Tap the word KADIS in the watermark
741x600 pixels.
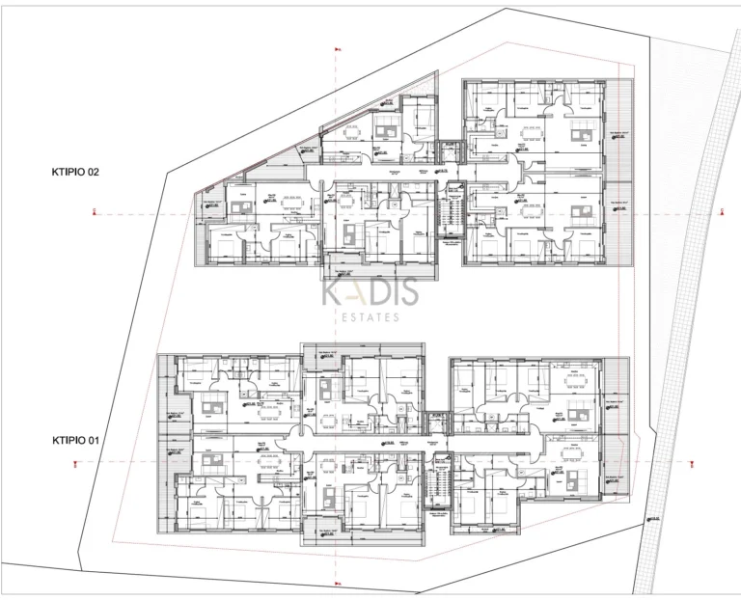(370, 290)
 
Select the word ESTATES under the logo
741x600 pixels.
(370, 316)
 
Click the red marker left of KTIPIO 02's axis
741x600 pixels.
(94, 211)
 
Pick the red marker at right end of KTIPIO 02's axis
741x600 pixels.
(720, 211)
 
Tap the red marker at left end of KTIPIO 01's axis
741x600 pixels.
(75, 464)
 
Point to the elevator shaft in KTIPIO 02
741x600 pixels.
(449, 151)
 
